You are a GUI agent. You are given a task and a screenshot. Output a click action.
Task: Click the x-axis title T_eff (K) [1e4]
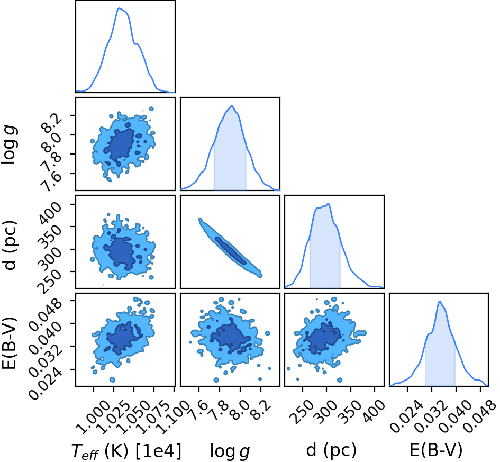pyautogui.click(x=126, y=452)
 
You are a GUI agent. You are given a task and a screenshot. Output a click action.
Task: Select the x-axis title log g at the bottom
pyautogui.click(x=230, y=452)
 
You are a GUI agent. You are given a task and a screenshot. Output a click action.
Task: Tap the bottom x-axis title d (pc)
pyautogui.click(x=331, y=451)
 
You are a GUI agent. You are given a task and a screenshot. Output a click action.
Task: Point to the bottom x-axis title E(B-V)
pyautogui.click(x=435, y=451)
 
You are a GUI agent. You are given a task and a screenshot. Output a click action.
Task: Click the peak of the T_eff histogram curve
pyautogui.click(x=119, y=8)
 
